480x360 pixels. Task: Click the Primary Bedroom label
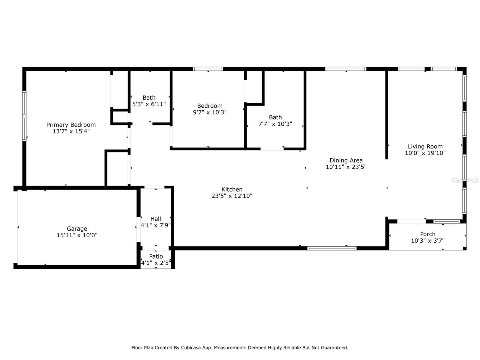71,125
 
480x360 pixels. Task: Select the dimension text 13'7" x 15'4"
71,131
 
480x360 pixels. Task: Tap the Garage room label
77,229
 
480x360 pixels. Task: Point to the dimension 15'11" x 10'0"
77,235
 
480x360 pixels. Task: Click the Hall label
156,219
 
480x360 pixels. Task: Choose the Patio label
156,256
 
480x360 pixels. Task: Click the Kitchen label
232,190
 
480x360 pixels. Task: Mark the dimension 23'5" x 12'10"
232,196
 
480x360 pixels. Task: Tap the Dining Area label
346,160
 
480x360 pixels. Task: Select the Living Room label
425,146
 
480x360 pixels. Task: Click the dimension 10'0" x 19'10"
425,153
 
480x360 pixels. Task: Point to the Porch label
427,234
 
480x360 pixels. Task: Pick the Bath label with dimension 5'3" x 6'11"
149,98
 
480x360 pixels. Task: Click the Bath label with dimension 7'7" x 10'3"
275,117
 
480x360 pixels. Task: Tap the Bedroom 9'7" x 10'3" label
210,106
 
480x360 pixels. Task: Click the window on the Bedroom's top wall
208,69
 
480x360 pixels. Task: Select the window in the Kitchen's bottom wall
332,248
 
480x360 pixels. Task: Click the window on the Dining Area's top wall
346,69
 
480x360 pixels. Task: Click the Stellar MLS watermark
465,180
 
